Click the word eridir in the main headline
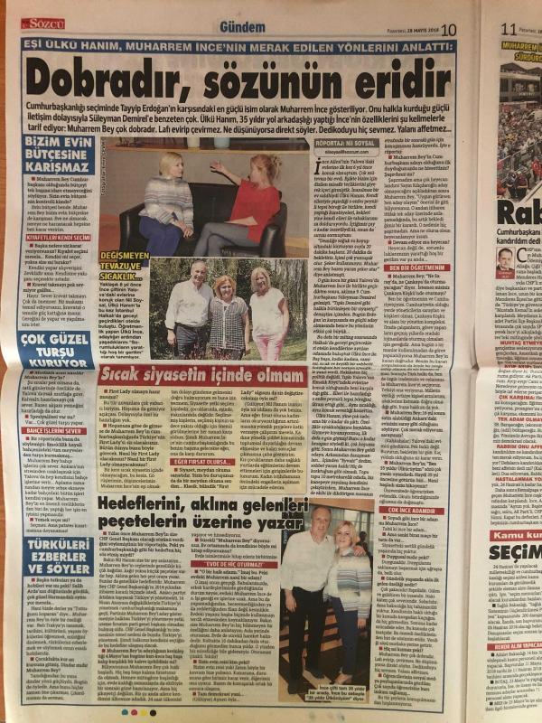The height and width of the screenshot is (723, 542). tap(401, 90)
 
